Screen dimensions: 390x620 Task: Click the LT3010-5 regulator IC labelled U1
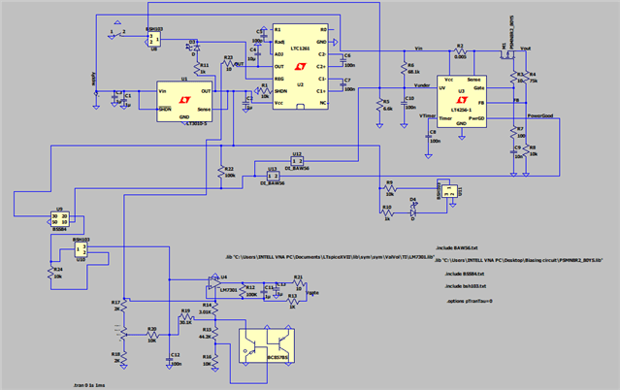tap(184, 99)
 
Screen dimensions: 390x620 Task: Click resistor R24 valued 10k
tap(50, 275)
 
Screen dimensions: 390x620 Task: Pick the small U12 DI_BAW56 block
tap(298, 160)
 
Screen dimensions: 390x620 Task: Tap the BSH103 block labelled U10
tap(80, 248)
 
